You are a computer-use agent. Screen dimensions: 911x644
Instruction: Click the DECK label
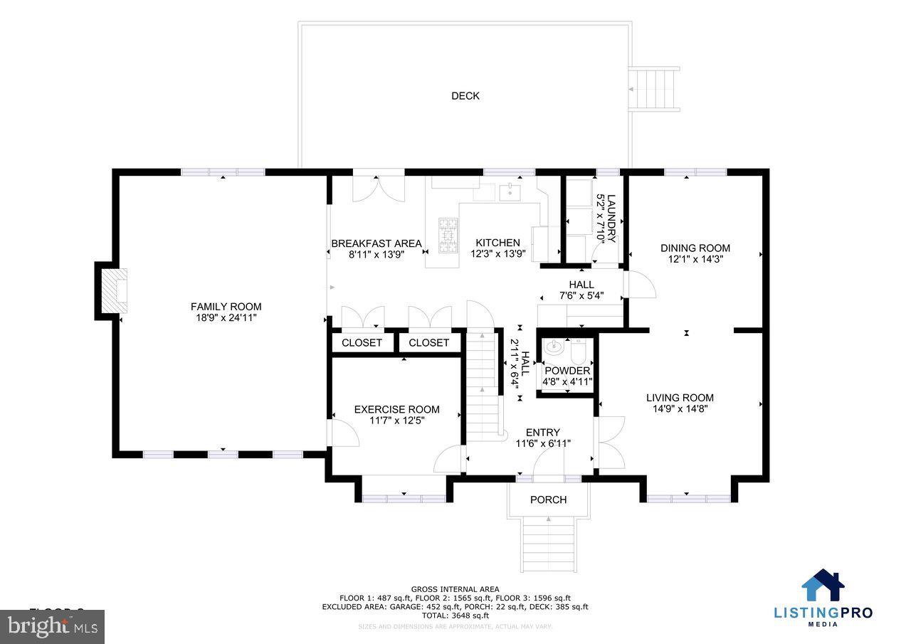click(465, 96)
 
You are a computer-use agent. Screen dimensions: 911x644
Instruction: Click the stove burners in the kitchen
click(448, 235)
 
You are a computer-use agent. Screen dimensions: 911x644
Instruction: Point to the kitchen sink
click(509, 191)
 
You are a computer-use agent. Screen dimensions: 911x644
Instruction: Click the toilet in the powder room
click(577, 350)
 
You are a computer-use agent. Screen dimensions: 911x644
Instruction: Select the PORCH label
click(548, 500)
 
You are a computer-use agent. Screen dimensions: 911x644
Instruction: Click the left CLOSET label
click(362, 343)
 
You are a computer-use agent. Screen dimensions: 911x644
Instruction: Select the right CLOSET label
click(428, 343)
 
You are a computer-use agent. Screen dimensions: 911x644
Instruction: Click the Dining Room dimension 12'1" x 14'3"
click(695, 260)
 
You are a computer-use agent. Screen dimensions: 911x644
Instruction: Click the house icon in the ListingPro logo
click(823, 586)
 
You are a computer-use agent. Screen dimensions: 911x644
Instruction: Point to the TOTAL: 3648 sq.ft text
click(455, 616)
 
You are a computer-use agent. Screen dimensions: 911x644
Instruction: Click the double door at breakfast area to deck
click(379, 186)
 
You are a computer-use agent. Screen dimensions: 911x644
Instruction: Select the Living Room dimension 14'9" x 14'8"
click(680, 409)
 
